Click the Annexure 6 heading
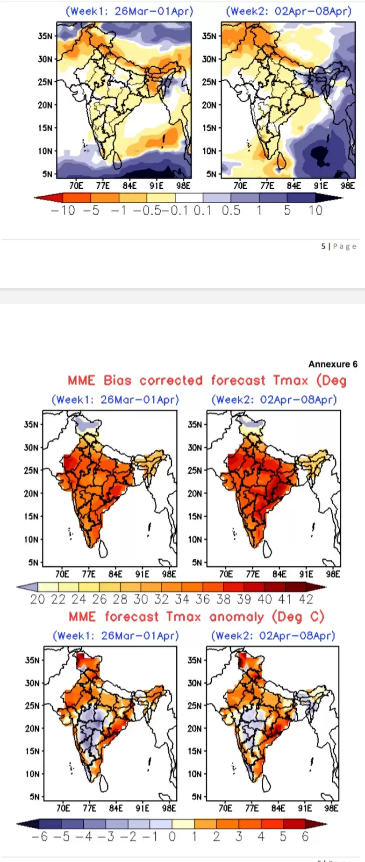(333, 364)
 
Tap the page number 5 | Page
(339, 246)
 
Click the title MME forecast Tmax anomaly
(196, 617)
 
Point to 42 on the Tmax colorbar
(306, 599)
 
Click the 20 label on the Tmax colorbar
(37, 599)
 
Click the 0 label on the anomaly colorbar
(172, 837)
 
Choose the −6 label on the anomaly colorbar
(40, 837)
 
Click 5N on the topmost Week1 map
(47, 174)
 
